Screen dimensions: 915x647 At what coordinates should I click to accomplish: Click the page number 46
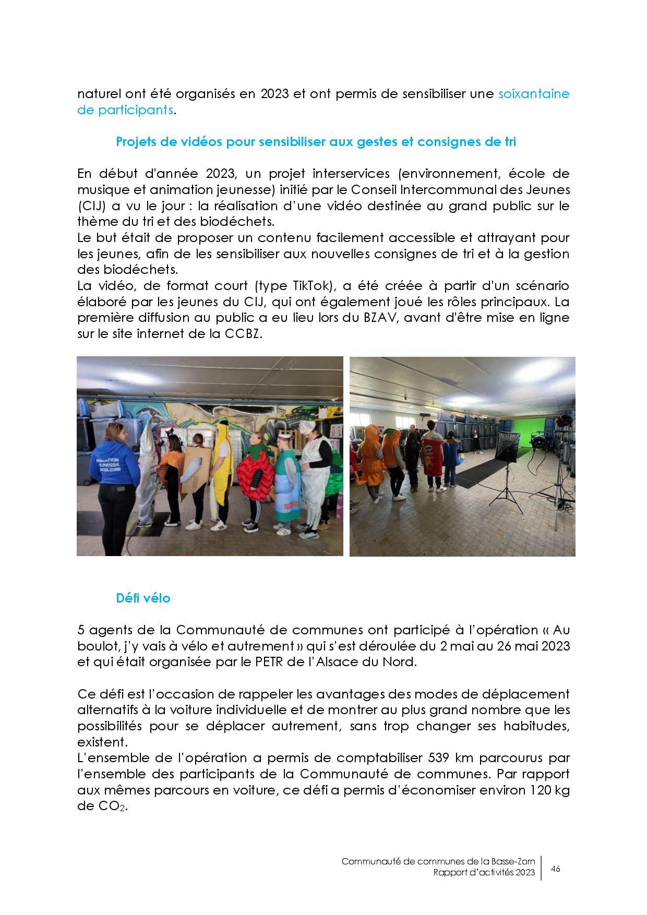tap(556, 869)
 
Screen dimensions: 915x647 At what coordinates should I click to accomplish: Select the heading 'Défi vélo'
tap(143, 598)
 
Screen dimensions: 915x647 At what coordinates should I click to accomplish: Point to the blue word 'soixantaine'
tap(534, 94)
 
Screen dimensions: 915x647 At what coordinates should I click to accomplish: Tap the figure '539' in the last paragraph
tap(439, 757)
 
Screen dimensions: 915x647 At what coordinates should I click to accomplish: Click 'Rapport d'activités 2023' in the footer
tap(484, 873)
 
